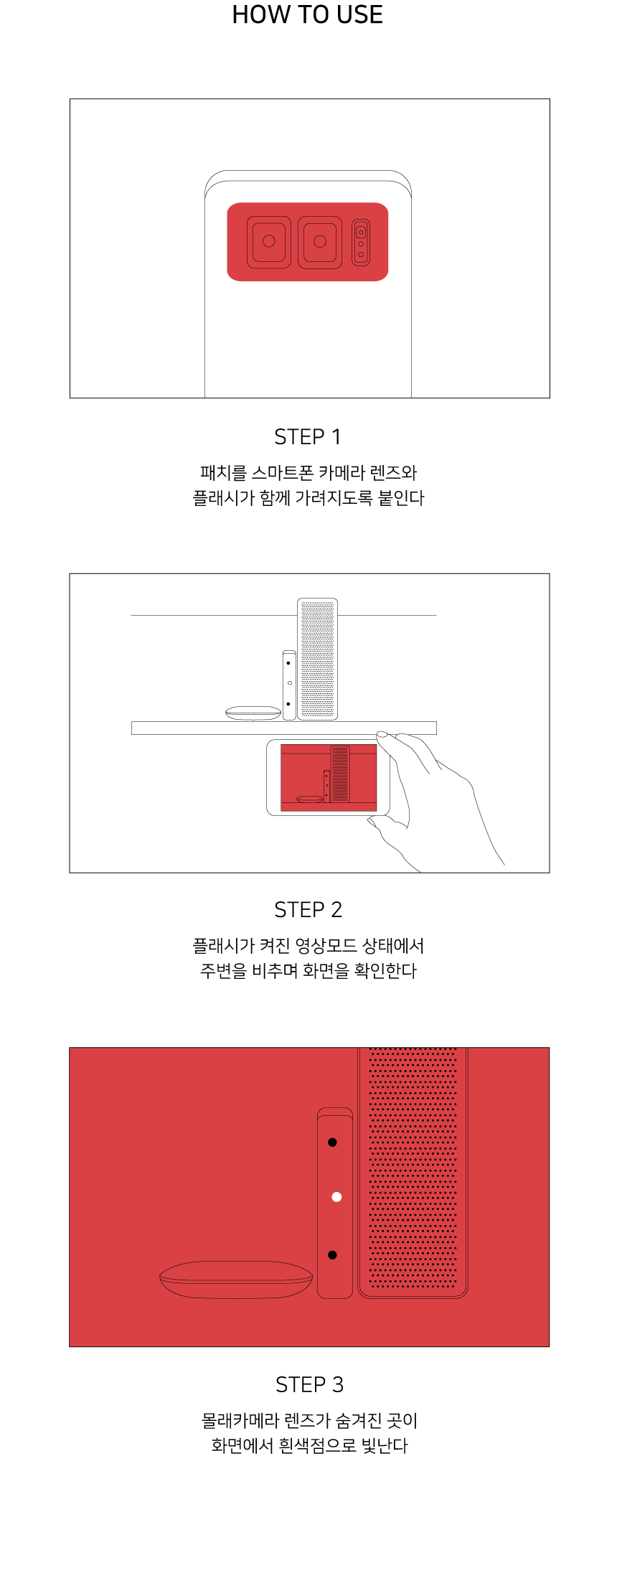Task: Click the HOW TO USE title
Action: pyautogui.click(x=308, y=14)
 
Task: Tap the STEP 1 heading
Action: pyautogui.click(x=308, y=436)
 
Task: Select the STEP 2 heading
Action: pyautogui.click(x=308, y=909)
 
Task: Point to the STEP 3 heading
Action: pyautogui.click(x=309, y=1384)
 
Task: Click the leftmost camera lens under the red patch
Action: pyautogui.click(x=269, y=242)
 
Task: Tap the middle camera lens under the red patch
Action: pyautogui.click(x=320, y=242)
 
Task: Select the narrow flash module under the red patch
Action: pyautogui.click(x=361, y=243)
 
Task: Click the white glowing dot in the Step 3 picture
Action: pyautogui.click(x=336, y=1197)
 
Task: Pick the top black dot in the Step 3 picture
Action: pyautogui.click(x=332, y=1142)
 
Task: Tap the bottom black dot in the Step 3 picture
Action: pyautogui.click(x=332, y=1255)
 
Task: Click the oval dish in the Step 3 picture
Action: pyautogui.click(x=236, y=1280)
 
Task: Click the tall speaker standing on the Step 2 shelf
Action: pyautogui.click(x=318, y=659)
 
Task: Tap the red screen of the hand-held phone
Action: pyautogui.click(x=329, y=778)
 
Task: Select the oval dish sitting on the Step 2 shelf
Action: pyautogui.click(x=253, y=713)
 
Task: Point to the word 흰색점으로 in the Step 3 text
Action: pyautogui.click(x=317, y=1445)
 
